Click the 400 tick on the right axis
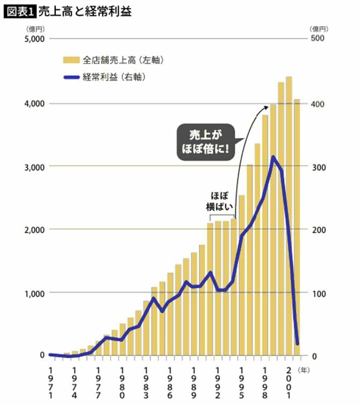point(319,103)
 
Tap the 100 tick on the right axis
point(319,294)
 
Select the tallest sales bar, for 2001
point(289,215)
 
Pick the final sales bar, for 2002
point(297,226)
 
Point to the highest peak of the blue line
point(273,157)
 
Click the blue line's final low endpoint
point(297,344)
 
